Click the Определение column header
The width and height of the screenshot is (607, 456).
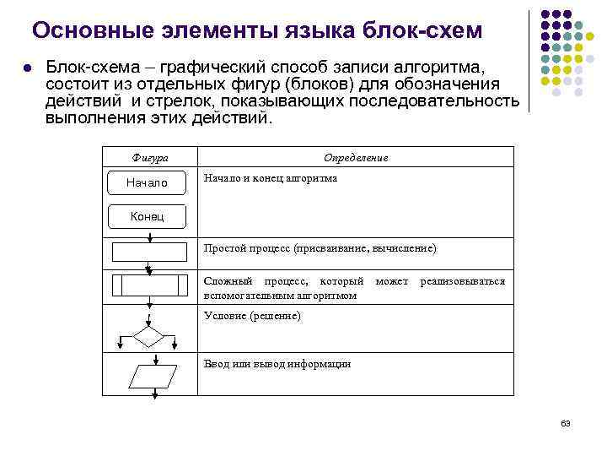[356, 158]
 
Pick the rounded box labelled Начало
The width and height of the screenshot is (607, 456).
[148, 182]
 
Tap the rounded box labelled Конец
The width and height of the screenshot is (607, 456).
[148, 217]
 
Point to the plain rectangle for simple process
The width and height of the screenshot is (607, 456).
[149, 252]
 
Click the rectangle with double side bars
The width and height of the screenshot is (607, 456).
[149, 285]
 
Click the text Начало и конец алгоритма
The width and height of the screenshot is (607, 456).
[271, 179]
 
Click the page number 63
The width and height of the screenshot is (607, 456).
[566, 423]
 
